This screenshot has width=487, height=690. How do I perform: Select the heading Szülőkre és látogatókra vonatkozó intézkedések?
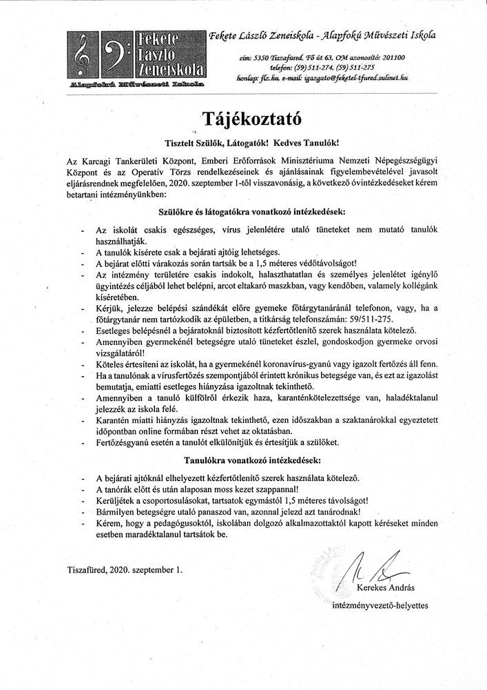[x=244, y=208]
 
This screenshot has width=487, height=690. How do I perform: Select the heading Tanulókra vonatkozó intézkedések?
[x=243, y=458]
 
